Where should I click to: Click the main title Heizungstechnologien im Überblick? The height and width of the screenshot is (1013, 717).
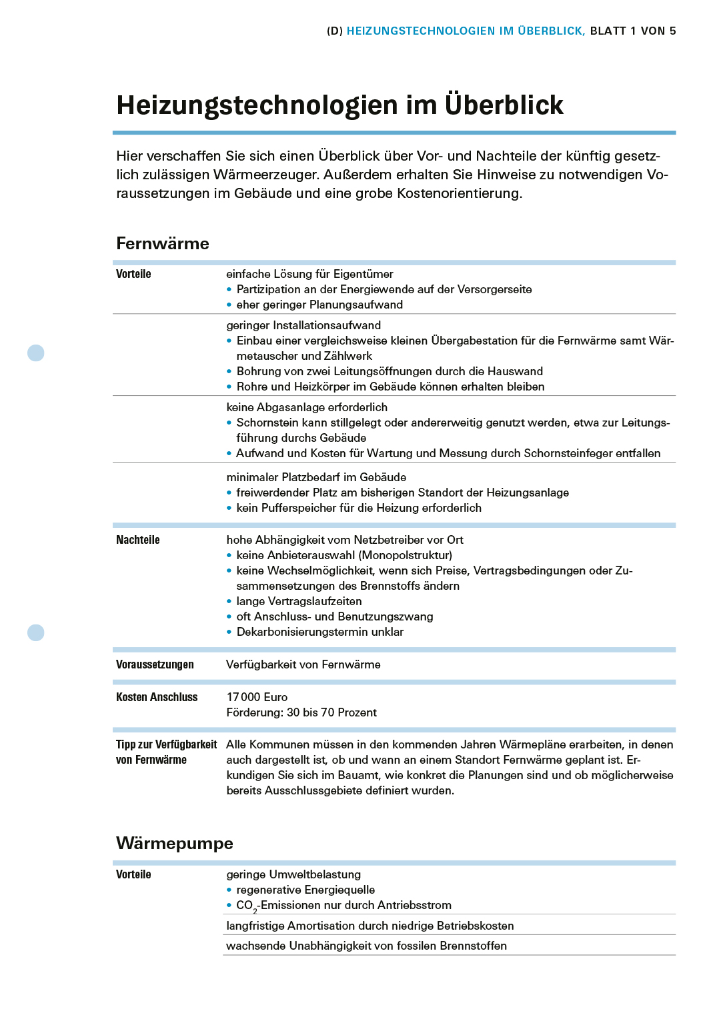pos(339,105)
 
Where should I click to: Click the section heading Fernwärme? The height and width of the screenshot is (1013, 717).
pos(162,243)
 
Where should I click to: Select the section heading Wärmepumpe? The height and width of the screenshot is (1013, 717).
pos(174,843)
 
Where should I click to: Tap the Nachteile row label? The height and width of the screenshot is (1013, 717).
pos(137,540)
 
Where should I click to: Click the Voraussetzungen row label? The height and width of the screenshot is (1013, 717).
pos(155,664)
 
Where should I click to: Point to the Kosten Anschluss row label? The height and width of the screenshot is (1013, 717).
pos(157,697)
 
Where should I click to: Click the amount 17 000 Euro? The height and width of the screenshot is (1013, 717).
pos(257,697)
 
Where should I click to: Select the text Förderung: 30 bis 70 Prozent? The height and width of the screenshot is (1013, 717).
pos(301,712)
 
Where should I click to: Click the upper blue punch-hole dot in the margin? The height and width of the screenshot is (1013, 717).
pos(36,353)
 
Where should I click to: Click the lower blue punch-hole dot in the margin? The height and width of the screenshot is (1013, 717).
pos(36,632)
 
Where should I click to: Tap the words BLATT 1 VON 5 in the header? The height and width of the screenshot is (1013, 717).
pos(633,31)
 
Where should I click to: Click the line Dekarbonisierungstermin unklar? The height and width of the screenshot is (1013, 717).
pos(319,632)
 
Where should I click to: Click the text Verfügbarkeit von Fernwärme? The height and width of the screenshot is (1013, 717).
pos(303,664)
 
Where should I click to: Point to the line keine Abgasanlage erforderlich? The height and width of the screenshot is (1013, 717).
pos(307,407)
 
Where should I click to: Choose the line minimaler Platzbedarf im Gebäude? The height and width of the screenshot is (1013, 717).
pos(316,477)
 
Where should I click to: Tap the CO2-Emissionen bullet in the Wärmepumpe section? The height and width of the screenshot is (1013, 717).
pos(343,905)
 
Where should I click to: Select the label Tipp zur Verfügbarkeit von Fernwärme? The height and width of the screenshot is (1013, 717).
pos(166,752)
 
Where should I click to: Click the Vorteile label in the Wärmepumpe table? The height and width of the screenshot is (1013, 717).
pos(133,874)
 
